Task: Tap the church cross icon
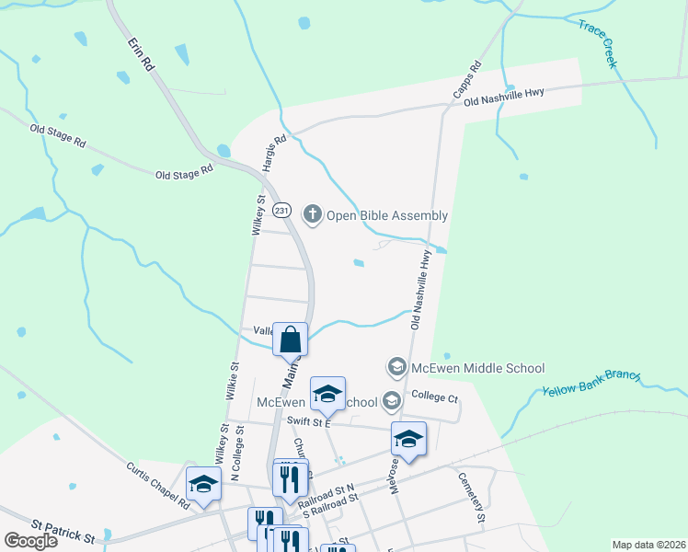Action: [312, 215]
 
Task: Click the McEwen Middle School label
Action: [478, 368]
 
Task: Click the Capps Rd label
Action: [467, 80]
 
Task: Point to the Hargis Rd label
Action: [275, 151]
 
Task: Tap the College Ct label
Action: [434, 397]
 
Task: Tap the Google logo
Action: [31, 541]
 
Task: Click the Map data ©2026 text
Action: [648, 545]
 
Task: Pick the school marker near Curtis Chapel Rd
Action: [202, 485]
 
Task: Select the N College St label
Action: [236, 454]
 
